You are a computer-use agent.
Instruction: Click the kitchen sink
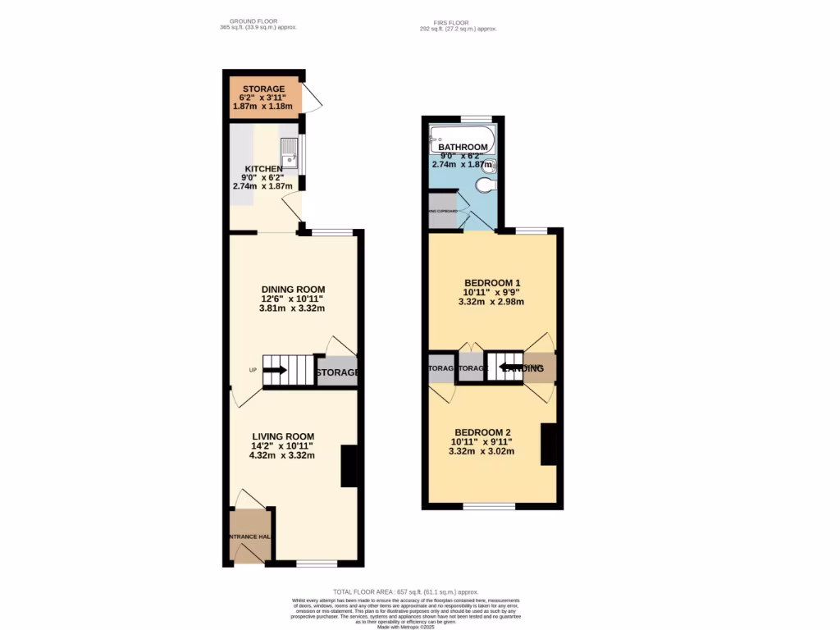290,153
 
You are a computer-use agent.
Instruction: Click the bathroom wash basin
490,164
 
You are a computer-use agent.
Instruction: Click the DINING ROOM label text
293,290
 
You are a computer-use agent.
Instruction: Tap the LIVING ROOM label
282,436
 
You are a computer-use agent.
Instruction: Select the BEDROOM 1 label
491,283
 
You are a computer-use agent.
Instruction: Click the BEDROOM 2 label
482,432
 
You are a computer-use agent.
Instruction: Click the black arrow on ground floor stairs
275,370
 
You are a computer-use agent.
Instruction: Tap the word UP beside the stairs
253,370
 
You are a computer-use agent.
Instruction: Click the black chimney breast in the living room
349,466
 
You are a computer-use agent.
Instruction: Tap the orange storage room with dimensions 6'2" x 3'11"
263,95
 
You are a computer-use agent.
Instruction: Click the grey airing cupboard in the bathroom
442,211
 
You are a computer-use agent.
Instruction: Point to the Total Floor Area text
405,591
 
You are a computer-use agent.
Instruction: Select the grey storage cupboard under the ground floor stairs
337,372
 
